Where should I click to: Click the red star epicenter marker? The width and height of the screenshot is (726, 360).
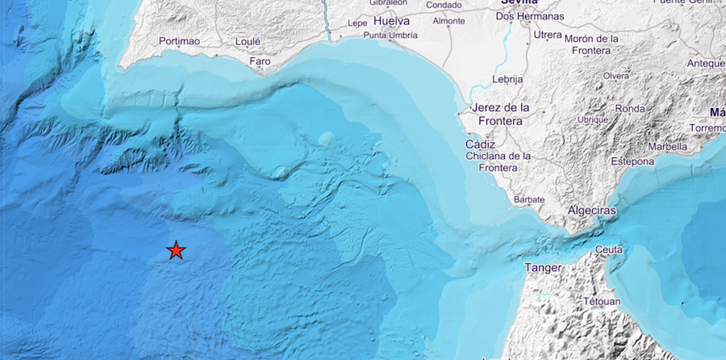point(176,251)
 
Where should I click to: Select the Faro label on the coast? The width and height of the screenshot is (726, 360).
point(260,61)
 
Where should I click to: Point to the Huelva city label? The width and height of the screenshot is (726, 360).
point(392,20)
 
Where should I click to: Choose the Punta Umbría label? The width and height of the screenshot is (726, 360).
point(390,36)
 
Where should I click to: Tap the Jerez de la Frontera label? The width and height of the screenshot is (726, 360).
point(500,114)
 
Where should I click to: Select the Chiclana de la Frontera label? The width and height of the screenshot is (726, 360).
point(497,161)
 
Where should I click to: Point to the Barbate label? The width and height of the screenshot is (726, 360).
point(529,199)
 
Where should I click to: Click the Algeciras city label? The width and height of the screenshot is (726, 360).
point(591,210)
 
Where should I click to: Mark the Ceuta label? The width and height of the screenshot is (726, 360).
point(609,249)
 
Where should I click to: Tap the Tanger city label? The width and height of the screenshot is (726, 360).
point(543,267)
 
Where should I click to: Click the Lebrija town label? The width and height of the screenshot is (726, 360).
point(507,79)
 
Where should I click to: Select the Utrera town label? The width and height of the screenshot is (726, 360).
point(548,36)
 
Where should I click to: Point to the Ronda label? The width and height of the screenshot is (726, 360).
point(630,109)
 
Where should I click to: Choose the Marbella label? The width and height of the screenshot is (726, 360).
point(665,147)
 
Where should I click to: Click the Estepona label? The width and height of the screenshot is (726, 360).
point(632,161)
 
